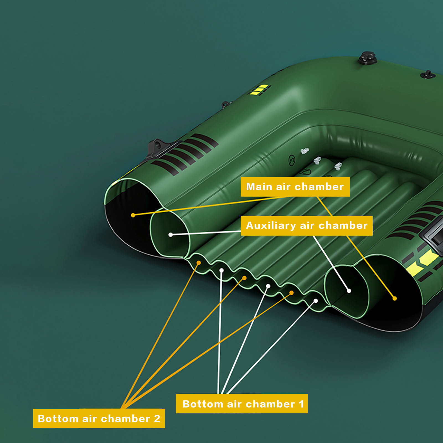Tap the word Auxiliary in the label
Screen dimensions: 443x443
[x=271, y=226]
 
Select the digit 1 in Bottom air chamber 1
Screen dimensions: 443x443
[x=301, y=404]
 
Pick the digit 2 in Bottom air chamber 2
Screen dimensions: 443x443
[x=157, y=419]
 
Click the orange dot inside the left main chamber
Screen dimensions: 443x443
[x=133, y=215]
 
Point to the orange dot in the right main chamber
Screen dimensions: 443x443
[x=395, y=298]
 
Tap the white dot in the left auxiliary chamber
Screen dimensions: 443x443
[x=171, y=235]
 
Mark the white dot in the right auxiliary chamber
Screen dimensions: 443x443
[x=349, y=291]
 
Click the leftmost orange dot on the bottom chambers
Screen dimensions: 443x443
[x=199, y=262]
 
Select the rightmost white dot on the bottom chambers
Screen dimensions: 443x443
[x=316, y=301]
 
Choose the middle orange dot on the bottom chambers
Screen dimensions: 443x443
[x=244, y=278]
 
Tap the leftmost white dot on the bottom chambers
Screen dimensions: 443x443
[x=221, y=270]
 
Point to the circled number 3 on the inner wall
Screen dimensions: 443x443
[x=292, y=160]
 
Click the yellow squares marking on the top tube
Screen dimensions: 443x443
[x=259, y=90]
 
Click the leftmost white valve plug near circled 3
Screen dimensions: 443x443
[x=304, y=151]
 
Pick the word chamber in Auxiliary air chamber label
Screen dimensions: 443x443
[x=343, y=226]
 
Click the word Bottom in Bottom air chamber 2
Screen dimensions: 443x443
[x=58, y=419]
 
